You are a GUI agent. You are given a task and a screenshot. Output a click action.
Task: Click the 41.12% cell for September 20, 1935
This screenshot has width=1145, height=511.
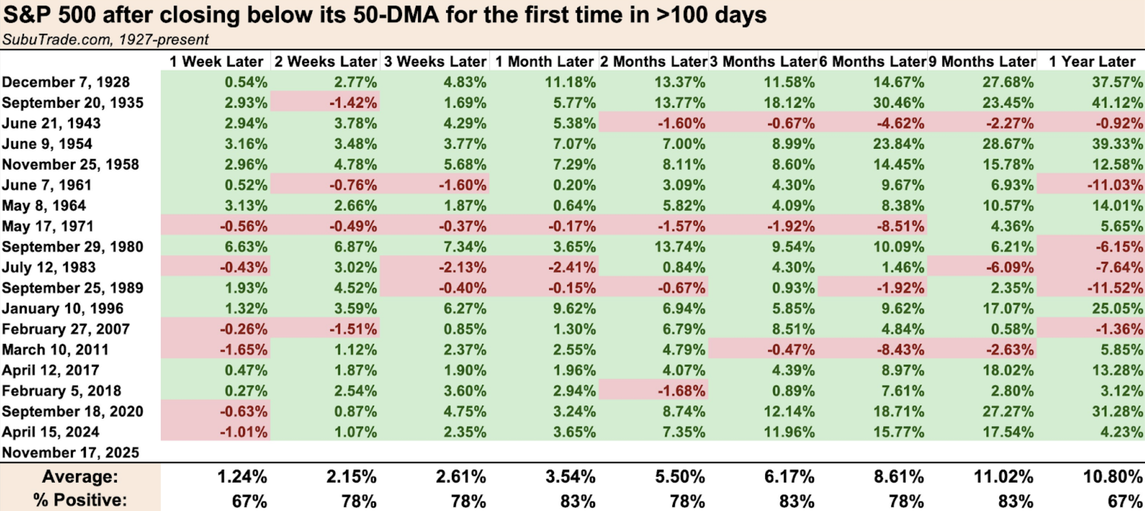(1117, 103)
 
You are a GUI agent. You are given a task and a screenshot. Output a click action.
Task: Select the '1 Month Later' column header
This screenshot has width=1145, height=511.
(544, 61)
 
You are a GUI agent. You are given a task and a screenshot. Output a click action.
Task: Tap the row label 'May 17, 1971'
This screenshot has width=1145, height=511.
(48, 226)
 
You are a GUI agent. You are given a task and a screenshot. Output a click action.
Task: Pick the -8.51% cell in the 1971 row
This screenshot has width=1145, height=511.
(899, 226)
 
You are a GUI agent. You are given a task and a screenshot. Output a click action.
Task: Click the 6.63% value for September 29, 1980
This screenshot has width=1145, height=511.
(246, 247)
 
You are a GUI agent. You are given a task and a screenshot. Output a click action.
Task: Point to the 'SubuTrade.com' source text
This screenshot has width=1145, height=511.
(57, 39)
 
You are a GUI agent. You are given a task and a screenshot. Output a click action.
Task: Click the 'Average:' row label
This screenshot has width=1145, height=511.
(80, 476)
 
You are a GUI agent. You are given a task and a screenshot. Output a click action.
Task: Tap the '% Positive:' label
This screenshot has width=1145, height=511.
(80, 500)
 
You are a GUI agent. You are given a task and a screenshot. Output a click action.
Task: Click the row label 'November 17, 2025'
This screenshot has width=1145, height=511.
(70, 453)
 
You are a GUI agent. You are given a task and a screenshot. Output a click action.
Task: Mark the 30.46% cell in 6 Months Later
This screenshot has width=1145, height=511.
(899, 103)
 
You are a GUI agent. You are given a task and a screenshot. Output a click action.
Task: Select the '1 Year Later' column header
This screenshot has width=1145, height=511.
(1092, 61)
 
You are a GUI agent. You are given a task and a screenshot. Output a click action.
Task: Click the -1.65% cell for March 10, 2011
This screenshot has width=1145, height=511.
(243, 349)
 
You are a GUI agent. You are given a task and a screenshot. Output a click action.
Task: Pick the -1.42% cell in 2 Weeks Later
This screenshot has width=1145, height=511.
(353, 103)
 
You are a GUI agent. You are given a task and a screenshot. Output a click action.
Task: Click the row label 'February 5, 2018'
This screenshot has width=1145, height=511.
(61, 391)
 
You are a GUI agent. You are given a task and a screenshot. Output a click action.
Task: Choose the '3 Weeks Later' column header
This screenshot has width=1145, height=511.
(435, 61)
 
